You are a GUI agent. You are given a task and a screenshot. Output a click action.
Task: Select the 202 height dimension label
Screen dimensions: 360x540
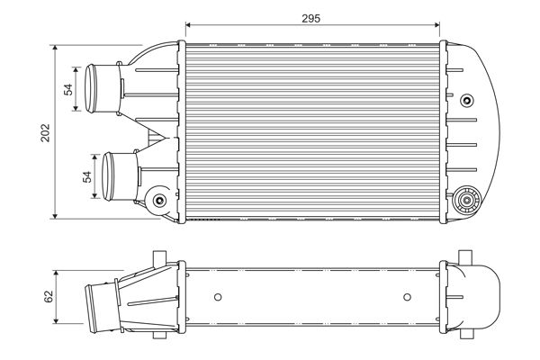tap(46, 131)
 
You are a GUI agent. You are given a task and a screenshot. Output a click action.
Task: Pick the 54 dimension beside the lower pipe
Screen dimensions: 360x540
tap(88, 176)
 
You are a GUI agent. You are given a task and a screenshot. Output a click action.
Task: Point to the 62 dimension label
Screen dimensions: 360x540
tap(48, 295)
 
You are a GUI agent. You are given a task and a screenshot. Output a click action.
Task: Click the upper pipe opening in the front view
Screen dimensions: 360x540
tap(90, 86)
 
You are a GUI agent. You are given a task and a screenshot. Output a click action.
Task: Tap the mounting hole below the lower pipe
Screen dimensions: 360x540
tap(160, 200)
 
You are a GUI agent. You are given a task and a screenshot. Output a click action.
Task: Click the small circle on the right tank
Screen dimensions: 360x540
tap(466, 100)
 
